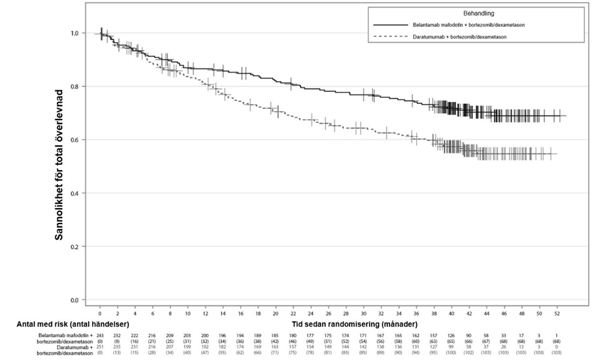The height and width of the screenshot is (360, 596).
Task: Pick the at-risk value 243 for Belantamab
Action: click(x=100, y=336)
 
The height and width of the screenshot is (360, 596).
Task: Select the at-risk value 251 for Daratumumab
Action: click(x=100, y=346)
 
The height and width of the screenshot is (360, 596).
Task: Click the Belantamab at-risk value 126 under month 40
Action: click(x=450, y=336)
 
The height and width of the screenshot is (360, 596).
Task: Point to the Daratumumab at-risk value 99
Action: click(x=450, y=346)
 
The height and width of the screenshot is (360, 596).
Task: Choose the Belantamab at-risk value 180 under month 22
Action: click(x=293, y=336)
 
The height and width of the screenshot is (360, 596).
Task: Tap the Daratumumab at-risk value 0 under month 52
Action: click(x=555, y=346)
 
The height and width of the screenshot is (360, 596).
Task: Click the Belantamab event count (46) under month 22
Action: click(x=293, y=341)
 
